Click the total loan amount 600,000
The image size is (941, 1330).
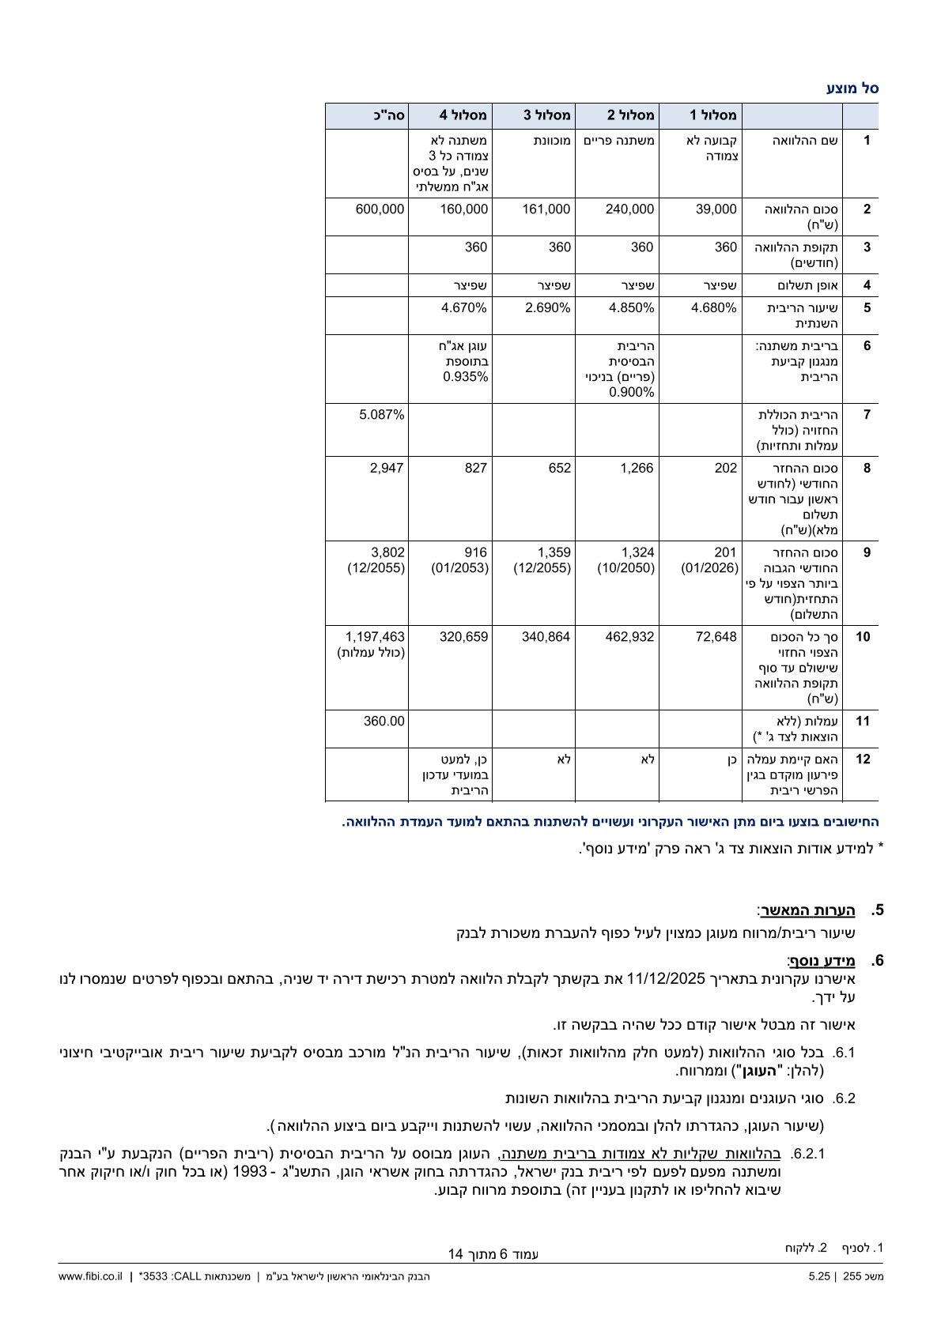tap(380, 209)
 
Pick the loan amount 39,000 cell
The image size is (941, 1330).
tap(716, 209)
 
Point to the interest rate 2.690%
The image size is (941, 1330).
tap(547, 308)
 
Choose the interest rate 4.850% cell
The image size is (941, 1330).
tap(631, 308)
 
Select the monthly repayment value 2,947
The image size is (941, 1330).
tap(387, 468)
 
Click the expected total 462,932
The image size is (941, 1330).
tap(629, 637)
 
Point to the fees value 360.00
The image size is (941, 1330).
tap(384, 722)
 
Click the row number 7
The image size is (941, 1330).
tap(867, 415)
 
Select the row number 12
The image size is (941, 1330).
tap(864, 759)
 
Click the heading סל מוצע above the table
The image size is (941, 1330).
tap(852, 89)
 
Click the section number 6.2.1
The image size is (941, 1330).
tap(807, 1154)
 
